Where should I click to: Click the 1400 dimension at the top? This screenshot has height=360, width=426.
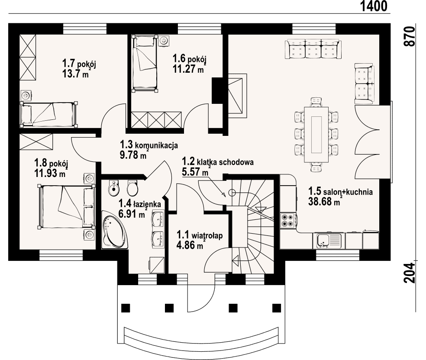tap(374, 6)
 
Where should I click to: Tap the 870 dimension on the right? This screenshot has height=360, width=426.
tap(410, 37)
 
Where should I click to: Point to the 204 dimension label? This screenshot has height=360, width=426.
tap(410, 273)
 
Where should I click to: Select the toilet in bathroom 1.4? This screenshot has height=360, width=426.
tap(132, 188)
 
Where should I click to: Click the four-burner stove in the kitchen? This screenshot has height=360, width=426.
tap(288, 220)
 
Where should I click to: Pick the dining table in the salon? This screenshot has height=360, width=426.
tap(316, 135)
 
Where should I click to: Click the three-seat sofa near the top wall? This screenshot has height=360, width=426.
tap(313, 49)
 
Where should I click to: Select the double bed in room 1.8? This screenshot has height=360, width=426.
tap(67, 206)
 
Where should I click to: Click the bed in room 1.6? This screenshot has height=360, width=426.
tap(145, 63)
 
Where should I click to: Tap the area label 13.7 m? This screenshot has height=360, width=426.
tap(75, 74)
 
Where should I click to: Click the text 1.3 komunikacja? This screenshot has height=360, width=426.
tap(149, 145)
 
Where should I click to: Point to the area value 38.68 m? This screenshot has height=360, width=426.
tap(324, 202)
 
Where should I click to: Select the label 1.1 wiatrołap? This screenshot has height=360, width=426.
tap(200, 235)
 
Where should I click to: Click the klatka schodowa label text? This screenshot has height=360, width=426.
tap(228, 162)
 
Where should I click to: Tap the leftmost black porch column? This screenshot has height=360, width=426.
tap(126, 308)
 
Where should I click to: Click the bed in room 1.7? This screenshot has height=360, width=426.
tap(49, 114)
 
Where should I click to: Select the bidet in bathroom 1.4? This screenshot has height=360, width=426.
tap(113, 188)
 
